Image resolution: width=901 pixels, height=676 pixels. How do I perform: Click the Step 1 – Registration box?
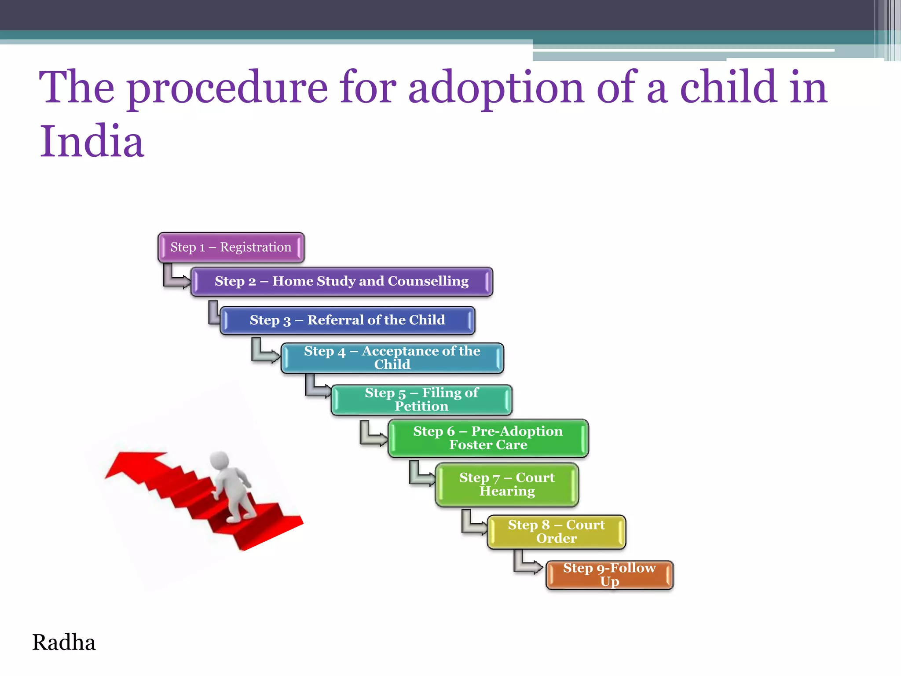pos(231,247)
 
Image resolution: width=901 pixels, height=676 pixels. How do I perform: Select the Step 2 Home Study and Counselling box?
pos(341,281)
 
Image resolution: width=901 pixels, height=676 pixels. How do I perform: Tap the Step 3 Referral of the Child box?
pos(347,320)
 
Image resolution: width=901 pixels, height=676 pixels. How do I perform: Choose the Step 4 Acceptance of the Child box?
pos(392,358)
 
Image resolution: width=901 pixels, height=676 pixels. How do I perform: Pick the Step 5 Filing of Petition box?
pos(421,400)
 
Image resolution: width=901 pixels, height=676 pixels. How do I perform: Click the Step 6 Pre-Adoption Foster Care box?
pos(487,438)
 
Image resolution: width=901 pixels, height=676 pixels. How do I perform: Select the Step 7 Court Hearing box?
pos(506,484)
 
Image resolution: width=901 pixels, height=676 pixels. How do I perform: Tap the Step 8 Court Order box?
pos(556,532)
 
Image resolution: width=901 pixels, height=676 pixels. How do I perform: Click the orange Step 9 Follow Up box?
pos(609,575)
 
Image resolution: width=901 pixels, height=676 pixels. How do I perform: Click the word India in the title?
pos(92,142)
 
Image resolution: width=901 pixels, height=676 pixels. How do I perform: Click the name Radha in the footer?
pos(64,643)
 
